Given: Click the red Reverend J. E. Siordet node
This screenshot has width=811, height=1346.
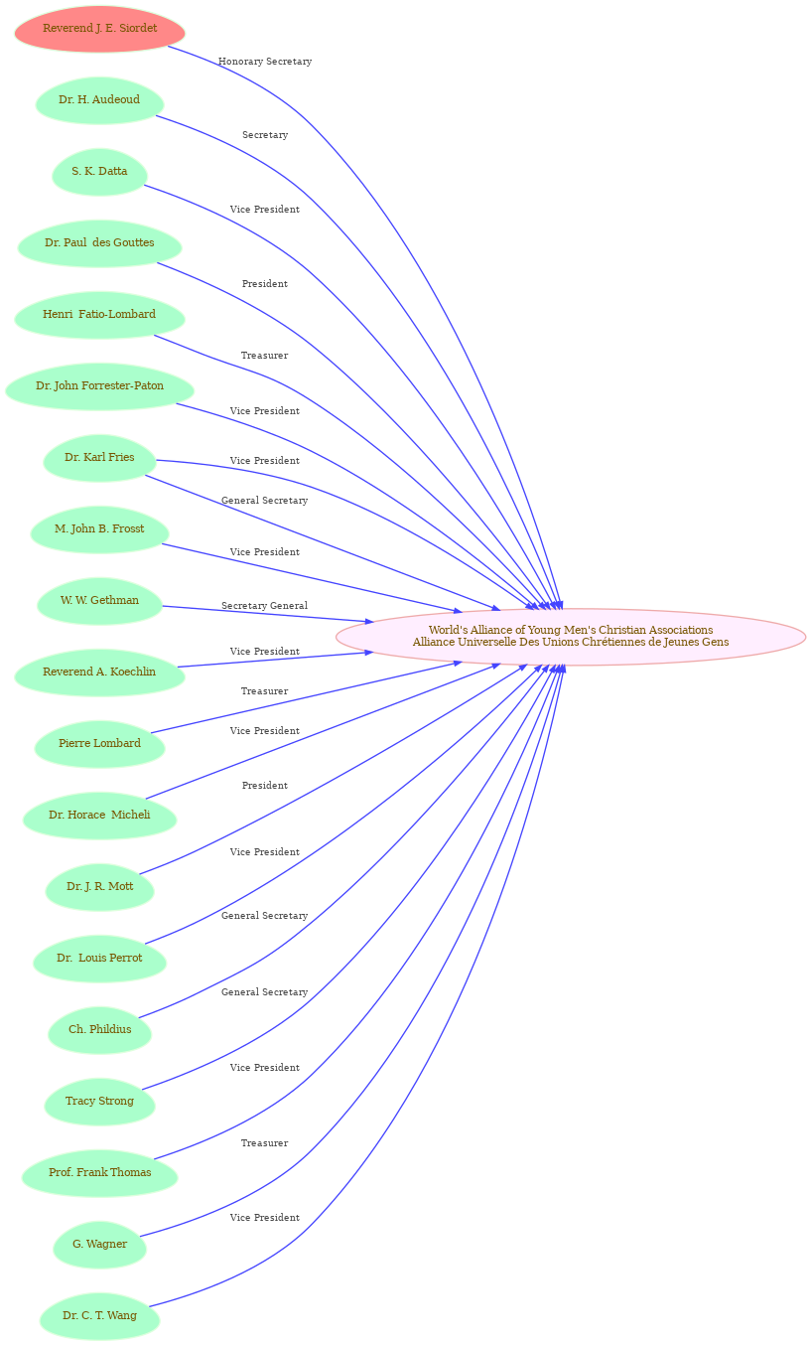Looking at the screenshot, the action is (x=99, y=29).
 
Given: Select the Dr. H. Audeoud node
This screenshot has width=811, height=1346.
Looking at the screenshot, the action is (x=99, y=100).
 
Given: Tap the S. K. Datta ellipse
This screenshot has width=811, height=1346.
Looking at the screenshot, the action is (x=99, y=172).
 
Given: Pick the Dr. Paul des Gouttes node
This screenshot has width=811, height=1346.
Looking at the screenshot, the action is (x=99, y=243).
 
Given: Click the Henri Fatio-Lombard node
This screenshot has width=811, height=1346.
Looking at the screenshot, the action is (x=99, y=315).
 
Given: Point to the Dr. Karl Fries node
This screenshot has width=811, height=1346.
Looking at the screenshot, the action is (x=99, y=458).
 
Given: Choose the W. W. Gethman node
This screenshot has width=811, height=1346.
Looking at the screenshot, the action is (x=99, y=601).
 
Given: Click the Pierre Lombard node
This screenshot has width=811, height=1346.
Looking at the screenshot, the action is (x=99, y=744).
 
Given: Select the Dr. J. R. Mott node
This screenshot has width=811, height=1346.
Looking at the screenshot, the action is (x=99, y=887).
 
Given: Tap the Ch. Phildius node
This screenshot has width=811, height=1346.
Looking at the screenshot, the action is (x=99, y=1030).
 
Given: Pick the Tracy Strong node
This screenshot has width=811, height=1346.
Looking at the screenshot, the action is (x=99, y=1102).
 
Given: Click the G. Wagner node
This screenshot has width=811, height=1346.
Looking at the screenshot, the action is (x=99, y=1245).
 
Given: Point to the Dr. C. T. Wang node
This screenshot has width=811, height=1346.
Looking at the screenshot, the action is (x=99, y=1316).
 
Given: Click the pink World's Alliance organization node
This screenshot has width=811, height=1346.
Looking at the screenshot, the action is (x=571, y=637).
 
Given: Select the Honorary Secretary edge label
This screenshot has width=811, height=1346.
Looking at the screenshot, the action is (x=265, y=62).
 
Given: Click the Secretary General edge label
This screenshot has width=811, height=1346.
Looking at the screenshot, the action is (x=264, y=606).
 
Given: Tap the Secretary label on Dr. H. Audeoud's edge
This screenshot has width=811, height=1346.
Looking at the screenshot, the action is (x=265, y=135).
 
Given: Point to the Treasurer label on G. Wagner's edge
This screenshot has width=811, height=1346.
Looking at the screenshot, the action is (x=264, y=1143).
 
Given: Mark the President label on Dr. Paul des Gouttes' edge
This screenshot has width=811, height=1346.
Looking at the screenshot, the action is (x=265, y=284).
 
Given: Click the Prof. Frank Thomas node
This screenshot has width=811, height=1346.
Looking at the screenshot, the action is (x=99, y=1173).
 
